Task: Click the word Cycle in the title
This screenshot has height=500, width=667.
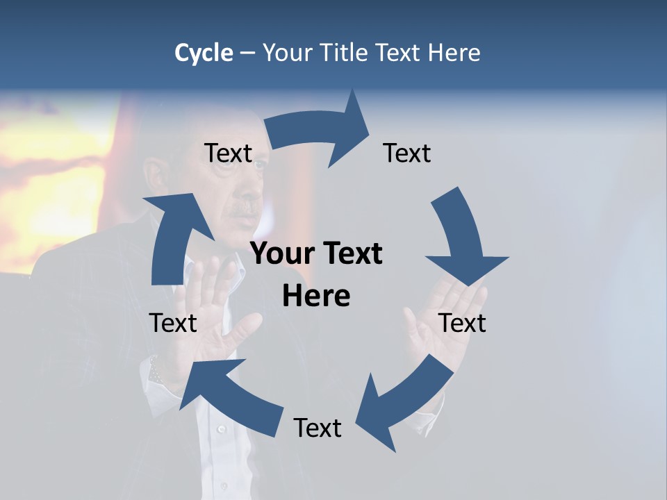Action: pos(204,53)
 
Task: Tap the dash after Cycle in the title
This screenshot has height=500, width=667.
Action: pos(247,53)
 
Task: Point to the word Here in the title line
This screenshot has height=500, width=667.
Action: pos(452,53)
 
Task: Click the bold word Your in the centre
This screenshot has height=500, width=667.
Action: pos(283,254)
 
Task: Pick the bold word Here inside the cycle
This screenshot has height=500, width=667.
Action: pos(316,297)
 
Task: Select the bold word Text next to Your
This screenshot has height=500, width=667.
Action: pos(350,254)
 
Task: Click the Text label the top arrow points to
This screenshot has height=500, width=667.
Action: pos(407,153)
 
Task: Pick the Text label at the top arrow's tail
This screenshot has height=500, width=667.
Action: pos(228,153)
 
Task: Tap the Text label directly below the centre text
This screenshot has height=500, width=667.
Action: pos(318,428)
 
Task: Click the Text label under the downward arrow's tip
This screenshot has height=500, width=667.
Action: pos(462,323)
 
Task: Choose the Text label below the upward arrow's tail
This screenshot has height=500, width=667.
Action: pos(173,323)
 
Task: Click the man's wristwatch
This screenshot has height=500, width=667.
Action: pos(155,369)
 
